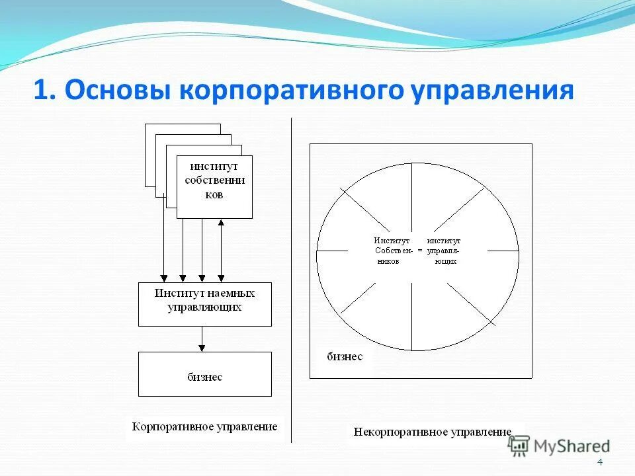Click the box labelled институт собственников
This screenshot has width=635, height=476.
coord(214,186)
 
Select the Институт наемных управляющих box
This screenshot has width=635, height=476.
coord(204,304)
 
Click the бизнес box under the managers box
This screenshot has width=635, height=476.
coord(204,374)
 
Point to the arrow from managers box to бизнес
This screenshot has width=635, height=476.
coord(202,338)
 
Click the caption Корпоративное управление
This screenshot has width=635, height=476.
coord(204,426)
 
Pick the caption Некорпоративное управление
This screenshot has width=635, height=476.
coord(433,432)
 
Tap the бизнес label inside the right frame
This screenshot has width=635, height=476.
coord(345,356)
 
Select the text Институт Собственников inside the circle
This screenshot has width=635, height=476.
coord(393,251)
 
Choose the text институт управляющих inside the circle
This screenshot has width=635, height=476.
coord(444,251)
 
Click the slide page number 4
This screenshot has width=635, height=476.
coord(600,461)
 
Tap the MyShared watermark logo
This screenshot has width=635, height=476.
coord(559,446)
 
